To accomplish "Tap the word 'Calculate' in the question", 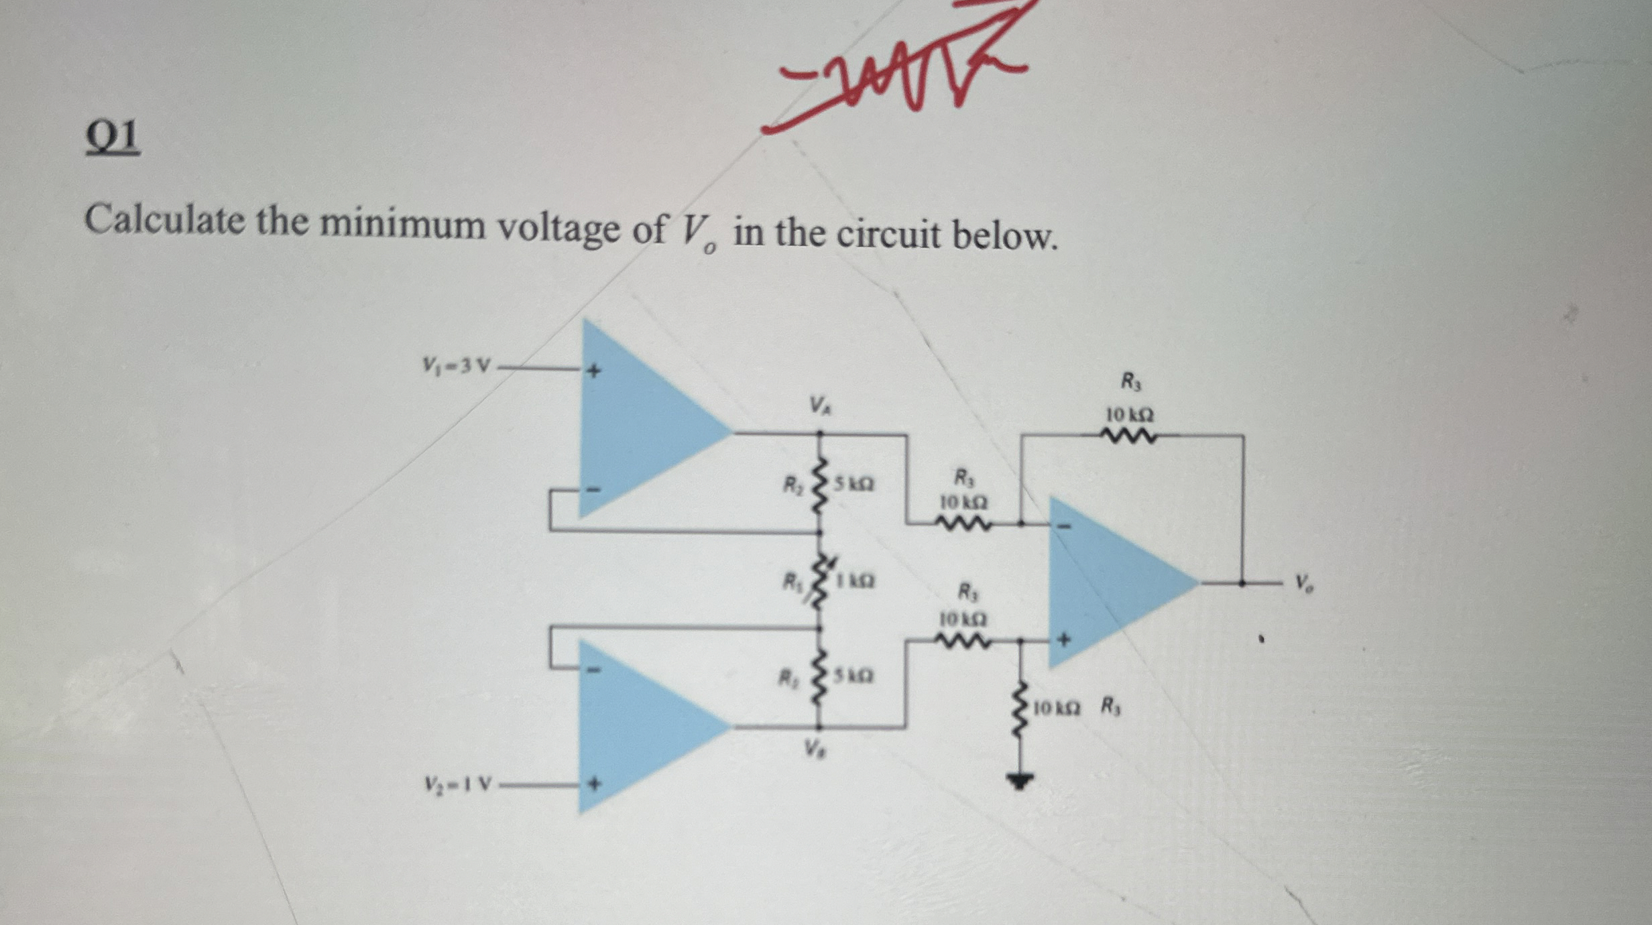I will pos(164,220).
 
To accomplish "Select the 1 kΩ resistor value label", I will pos(853,581).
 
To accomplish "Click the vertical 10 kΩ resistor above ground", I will pos(1020,708).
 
